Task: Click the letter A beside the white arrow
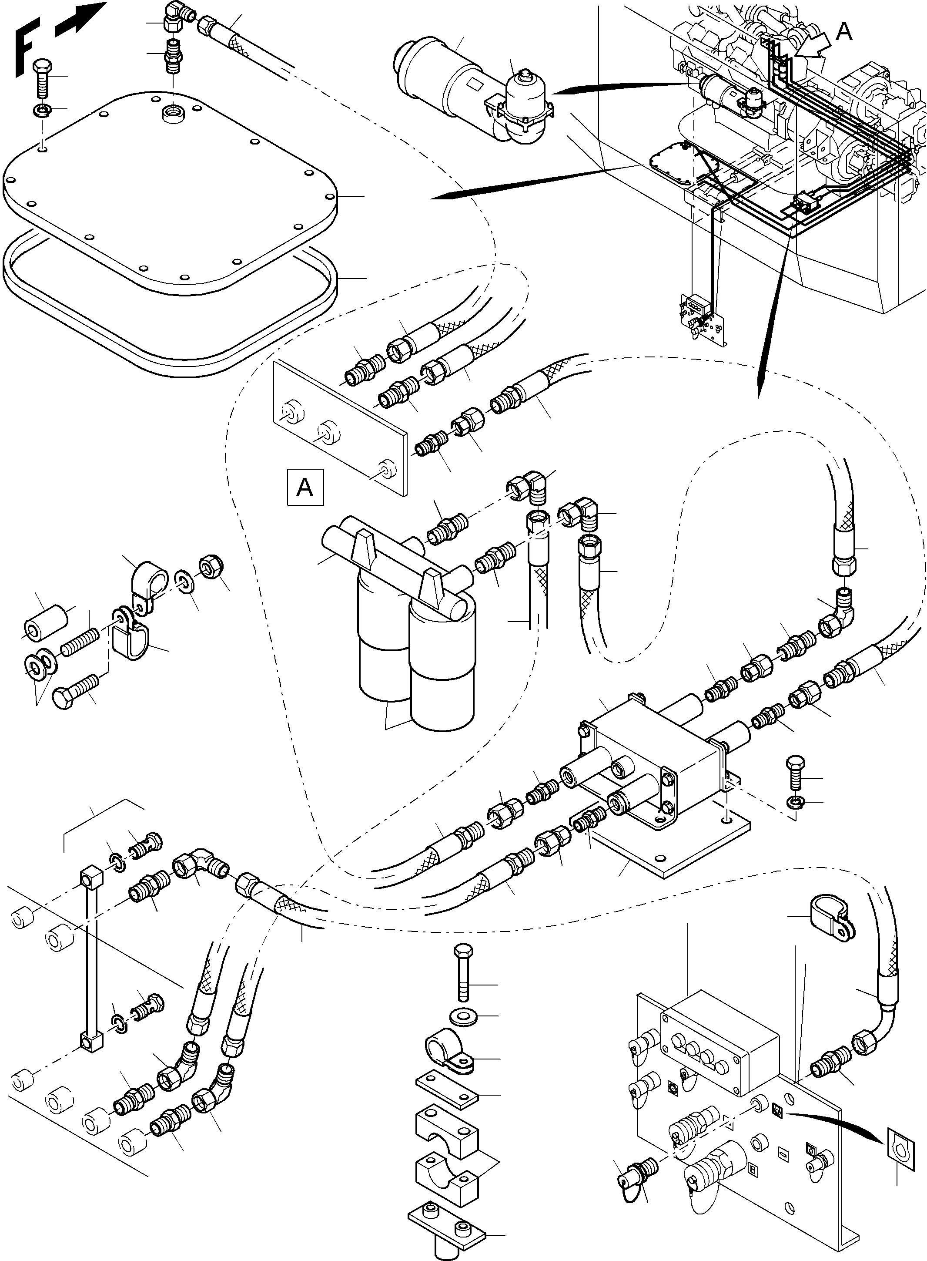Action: pyautogui.click(x=843, y=32)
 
